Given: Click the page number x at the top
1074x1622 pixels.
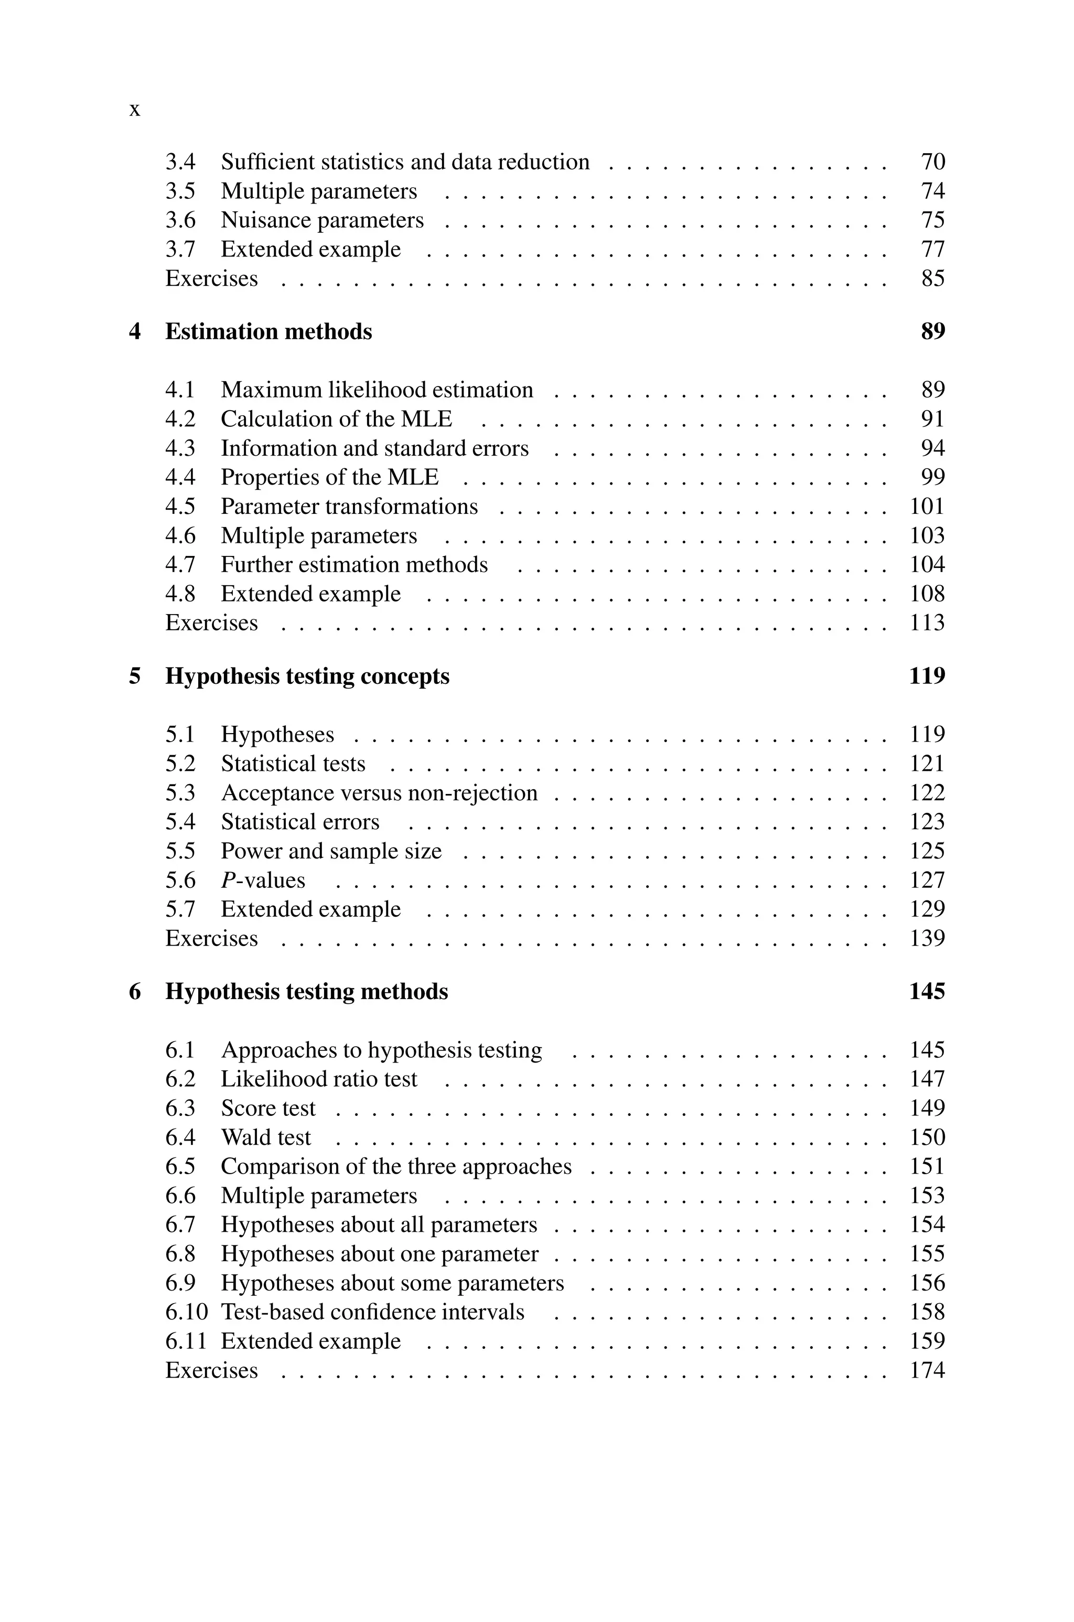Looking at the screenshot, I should pyautogui.click(x=135, y=110).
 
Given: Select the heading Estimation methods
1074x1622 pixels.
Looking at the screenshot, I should pyautogui.click(x=268, y=331).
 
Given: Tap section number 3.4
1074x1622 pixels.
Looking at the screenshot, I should pyautogui.click(x=180, y=162).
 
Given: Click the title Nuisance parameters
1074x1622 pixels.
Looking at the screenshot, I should pyautogui.click(x=322, y=220).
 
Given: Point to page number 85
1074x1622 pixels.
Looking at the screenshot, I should pyautogui.click(x=933, y=278).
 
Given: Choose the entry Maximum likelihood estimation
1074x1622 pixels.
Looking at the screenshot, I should pyautogui.click(x=377, y=390).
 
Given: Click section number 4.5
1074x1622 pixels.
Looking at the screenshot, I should pyautogui.click(x=180, y=506).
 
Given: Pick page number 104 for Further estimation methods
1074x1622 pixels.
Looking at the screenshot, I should pyautogui.click(x=927, y=564).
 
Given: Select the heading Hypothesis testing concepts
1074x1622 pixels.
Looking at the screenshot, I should pyautogui.click(x=307, y=676).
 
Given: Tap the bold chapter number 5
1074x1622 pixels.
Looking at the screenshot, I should pyautogui.click(x=135, y=676).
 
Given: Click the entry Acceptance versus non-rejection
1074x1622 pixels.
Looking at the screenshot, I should pyautogui.click(x=379, y=792).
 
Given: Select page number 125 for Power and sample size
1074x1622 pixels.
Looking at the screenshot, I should pyautogui.click(x=927, y=851).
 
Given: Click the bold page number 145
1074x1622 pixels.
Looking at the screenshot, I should pyautogui.click(x=927, y=992).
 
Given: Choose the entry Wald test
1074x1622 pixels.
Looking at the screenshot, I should pyautogui.click(x=266, y=1137).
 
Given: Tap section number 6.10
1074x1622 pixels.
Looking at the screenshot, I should pyautogui.click(x=186, y=1312).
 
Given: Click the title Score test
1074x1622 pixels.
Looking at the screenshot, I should pyautogui.click(x=268, y=1108).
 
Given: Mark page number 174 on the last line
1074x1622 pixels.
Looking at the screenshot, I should pyautogui.click(x=927, y=1370).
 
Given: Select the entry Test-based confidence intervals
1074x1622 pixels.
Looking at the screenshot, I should pyautogui.click(x=372, y=1312).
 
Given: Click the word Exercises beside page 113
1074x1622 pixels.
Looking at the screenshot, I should pyautogui.click(x=212, y=622).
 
